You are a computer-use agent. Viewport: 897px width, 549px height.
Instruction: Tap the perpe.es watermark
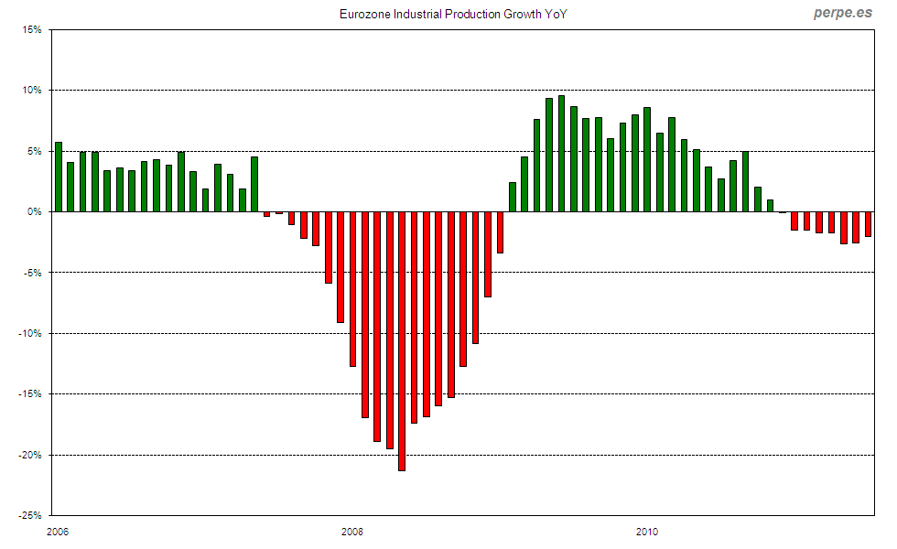(844, 14)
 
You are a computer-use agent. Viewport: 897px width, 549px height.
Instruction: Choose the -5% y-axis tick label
(32, 273)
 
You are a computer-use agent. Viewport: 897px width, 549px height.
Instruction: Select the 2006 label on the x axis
(56, 532)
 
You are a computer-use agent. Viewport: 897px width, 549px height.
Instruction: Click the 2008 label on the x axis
(351, 532)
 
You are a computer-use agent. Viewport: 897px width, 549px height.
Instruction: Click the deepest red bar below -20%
(402, 340)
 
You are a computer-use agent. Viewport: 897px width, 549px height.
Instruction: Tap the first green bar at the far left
(59, 177)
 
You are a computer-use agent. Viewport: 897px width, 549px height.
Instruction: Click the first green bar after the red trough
(513, 197)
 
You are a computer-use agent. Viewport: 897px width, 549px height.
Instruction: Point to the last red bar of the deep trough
(500, 232)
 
